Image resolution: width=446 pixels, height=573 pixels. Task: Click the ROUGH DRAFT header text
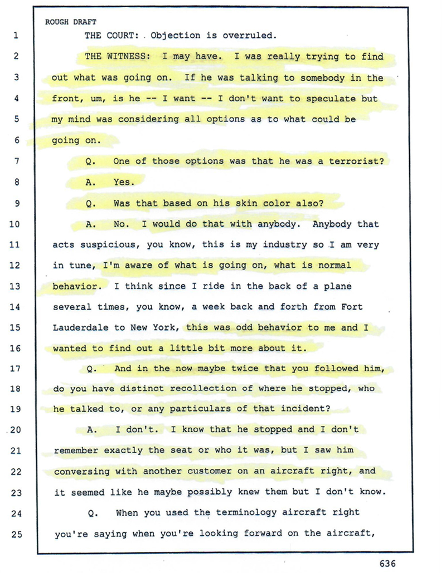pyautogui.click(x=70, y=22)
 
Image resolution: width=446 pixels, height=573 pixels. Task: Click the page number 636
pyautogui.click(x=387, y=564)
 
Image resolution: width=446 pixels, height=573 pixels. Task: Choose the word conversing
pyautogui.click(x=81, y=471)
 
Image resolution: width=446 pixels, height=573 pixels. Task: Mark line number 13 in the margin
pyautogui.click(x=15, y=286)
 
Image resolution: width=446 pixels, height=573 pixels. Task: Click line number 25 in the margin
pyautogui.click(x=15, y=534)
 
